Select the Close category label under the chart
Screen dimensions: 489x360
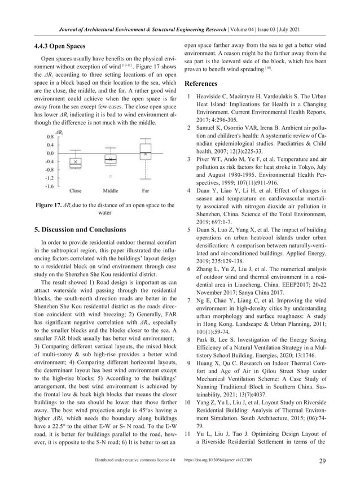75,191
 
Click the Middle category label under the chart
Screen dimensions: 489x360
111,191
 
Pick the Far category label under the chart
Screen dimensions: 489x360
146,191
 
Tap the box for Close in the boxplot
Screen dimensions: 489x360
75,161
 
